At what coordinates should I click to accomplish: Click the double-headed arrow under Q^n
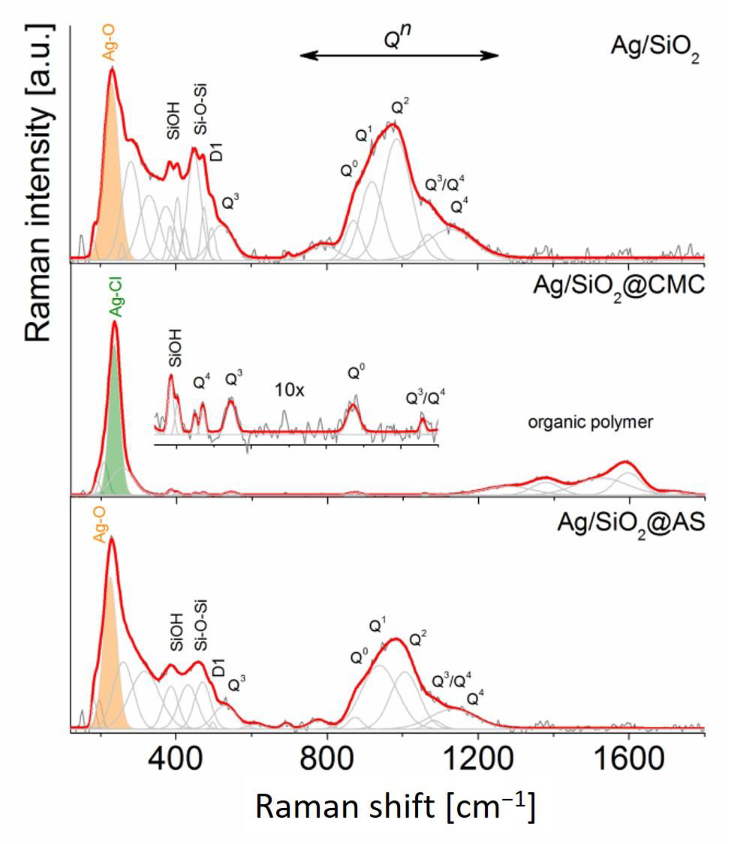point(399,55)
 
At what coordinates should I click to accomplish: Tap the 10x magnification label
point(290,390)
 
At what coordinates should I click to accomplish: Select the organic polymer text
point(590,422)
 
